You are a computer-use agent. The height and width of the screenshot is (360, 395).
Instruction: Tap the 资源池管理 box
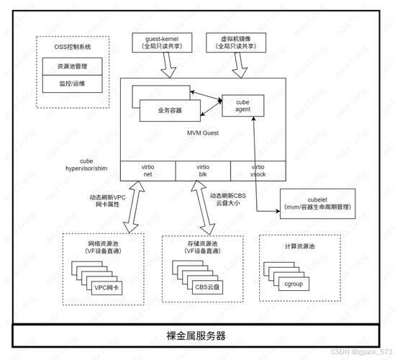(x=71, y=66)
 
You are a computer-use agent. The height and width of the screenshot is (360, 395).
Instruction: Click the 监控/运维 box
(x=71, y=84)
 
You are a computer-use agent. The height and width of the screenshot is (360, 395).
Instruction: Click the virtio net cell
(x=147, y=170)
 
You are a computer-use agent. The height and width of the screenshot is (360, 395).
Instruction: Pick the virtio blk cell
(x=203, y=170)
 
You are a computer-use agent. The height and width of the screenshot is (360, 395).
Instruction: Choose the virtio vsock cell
(x=257, y=170)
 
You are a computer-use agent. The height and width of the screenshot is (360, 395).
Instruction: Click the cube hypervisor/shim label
(x=86, y=164)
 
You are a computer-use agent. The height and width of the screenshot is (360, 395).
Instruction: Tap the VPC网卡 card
(x=106, y=287)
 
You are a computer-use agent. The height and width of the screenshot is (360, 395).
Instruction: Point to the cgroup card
(x=293, y=284)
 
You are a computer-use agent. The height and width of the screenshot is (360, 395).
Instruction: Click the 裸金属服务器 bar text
(x=196, y=336)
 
